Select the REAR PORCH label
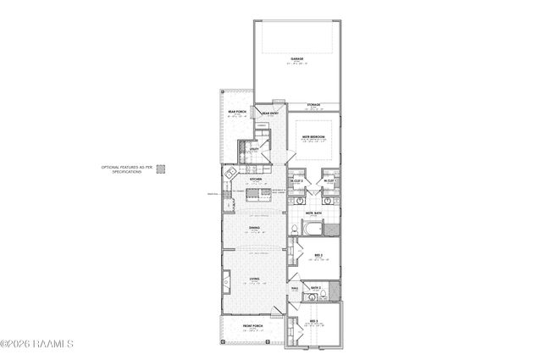[236, 111]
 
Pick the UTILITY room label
[252, 148]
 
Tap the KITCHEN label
[254, 180]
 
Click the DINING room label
[254, 227]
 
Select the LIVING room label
[254, 279]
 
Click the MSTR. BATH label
[323, 213]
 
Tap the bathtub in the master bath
[311, 230]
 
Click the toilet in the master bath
[334, 228]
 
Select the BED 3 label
[313, 321]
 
